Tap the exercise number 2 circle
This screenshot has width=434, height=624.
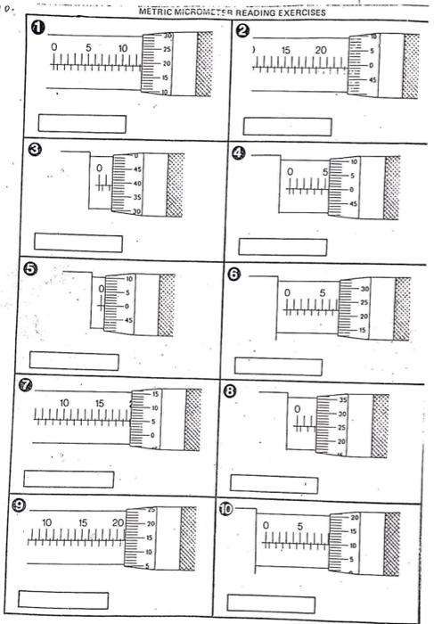243,32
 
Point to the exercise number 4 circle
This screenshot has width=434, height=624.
238,152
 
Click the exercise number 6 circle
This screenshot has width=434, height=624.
233,275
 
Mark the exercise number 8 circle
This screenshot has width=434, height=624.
230,390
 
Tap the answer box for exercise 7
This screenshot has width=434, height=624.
69,479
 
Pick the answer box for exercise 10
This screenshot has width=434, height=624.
270,603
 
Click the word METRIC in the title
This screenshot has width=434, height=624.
161,13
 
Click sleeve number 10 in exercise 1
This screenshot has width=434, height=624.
123,47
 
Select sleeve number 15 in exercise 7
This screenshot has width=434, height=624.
98,404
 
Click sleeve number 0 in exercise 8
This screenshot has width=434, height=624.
298,407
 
